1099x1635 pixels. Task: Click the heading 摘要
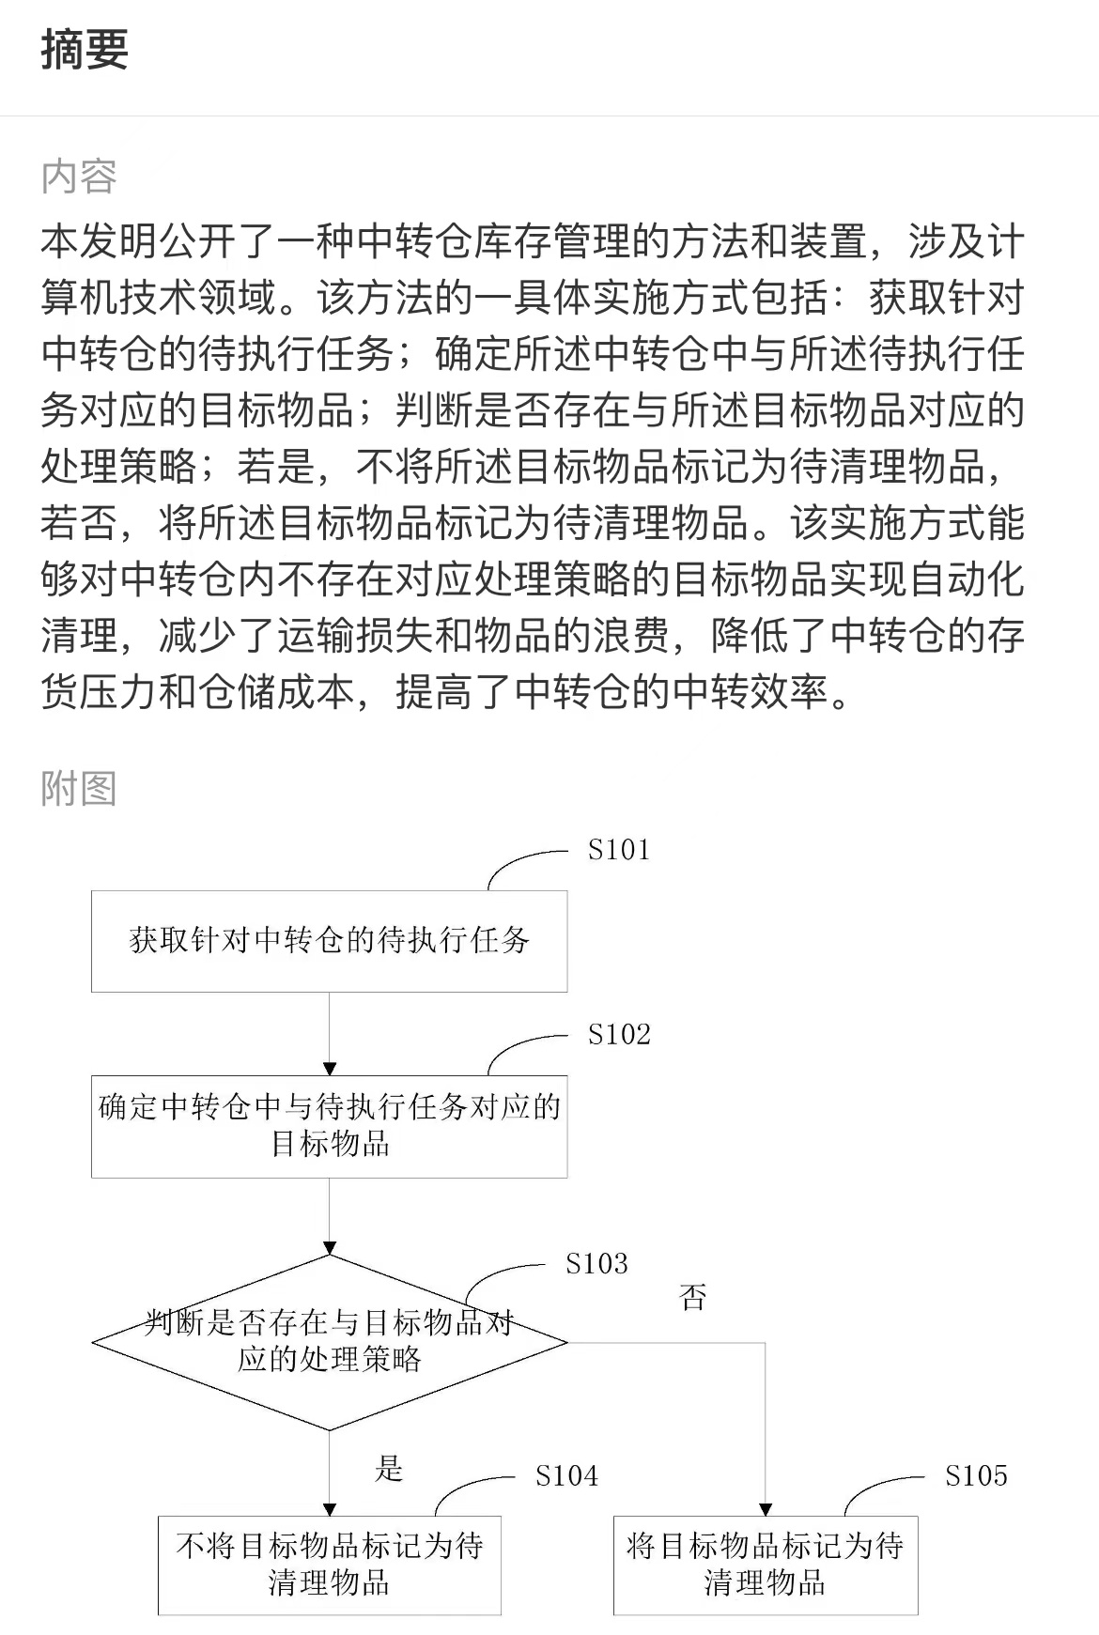point(85,49)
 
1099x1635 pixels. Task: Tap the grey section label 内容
point(79,177)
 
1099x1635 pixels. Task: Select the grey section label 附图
point(79,788)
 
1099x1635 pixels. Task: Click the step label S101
point(619,850)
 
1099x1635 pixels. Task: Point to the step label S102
point(619,1035)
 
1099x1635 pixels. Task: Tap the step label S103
point(596,1264)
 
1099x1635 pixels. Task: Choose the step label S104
point(566,1476)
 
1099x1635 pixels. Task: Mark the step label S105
point(976,1476)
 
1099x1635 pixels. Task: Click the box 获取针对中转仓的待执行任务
point(329,941)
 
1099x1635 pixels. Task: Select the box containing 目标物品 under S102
point(329,1126)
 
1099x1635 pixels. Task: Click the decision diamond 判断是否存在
point(329,1342)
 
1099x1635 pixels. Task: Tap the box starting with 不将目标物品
point(329,1565)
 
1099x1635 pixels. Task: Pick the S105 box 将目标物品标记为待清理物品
point(766,1565)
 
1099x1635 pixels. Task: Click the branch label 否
point(692,1298)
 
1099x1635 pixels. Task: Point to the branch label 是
point(389,1468)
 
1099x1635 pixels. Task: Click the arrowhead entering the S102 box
point(329,1069)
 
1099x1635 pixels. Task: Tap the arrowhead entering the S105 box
point(766,1509)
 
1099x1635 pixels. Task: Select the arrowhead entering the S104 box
point(329,1509)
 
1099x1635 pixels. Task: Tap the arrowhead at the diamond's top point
point(329,1248)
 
